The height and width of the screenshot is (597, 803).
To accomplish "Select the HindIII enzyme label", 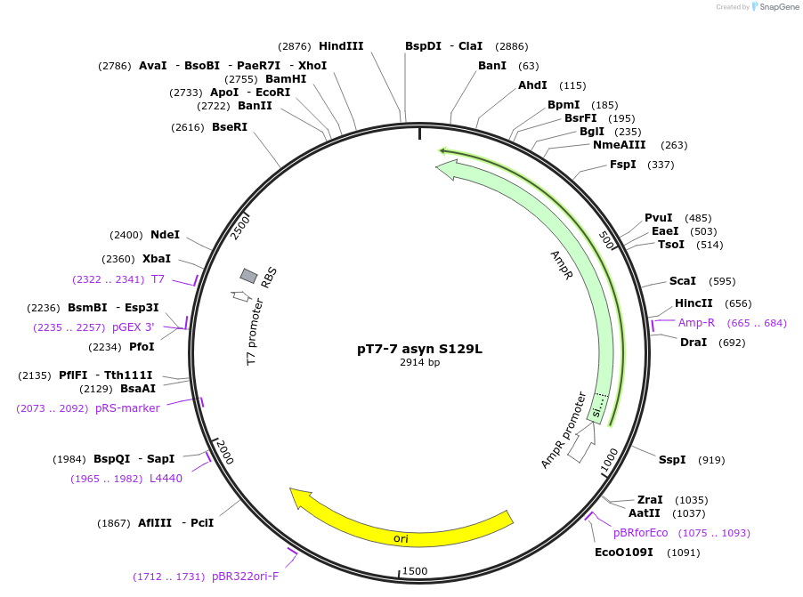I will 341,45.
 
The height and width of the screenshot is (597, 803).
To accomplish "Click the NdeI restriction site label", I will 165,235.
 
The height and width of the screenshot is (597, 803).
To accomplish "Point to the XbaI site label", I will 156,259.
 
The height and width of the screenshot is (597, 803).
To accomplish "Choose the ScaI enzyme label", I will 683,281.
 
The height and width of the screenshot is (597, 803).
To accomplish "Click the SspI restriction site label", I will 672,459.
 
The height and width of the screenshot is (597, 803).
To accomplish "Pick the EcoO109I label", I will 623,553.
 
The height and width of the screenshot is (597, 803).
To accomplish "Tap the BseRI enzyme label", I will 230,127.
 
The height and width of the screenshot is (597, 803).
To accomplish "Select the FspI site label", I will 623,165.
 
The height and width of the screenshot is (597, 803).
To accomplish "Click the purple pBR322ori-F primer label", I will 245,577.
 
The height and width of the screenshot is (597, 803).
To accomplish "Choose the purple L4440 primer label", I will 166,479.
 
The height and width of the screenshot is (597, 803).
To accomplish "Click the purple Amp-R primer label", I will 696,323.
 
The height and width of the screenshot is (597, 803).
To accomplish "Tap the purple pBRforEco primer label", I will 640,533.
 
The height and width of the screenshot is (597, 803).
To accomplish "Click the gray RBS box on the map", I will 249,277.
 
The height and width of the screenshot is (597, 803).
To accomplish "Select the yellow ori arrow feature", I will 401,525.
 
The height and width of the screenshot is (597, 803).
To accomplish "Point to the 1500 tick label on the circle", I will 415,570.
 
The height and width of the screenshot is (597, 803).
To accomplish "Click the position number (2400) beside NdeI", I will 126,235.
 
